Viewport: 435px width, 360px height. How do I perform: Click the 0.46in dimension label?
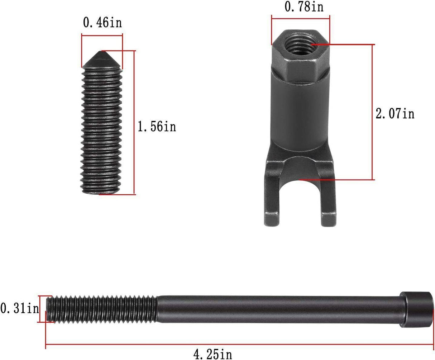pos(102,23)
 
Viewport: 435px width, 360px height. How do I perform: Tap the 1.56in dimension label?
pos(157,126)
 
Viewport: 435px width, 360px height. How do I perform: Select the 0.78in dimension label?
pos(303,6)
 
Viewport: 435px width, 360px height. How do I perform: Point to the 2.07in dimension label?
pos(395,114)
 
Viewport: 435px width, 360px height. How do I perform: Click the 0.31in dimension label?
pos(19,308)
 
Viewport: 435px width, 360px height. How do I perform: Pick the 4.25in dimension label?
pos(212,354)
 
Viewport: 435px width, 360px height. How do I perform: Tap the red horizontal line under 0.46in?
pos(102,35)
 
